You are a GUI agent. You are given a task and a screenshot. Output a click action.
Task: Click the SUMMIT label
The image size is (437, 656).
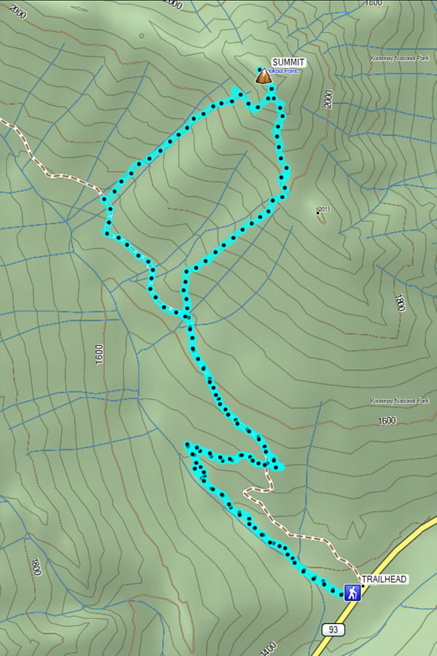(288, 63)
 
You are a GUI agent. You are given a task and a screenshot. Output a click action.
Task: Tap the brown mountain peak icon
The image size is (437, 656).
(262, 76)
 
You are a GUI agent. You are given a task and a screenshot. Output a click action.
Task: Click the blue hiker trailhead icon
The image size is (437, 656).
(353, 592)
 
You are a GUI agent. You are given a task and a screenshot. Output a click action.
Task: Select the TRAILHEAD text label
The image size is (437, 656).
(385, 580)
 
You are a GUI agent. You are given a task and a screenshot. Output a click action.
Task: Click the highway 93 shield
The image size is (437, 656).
(332, 629)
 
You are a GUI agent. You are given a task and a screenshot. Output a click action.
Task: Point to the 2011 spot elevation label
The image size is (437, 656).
(325, 210)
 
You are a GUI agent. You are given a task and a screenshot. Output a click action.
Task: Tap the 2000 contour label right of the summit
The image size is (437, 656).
(328, 99)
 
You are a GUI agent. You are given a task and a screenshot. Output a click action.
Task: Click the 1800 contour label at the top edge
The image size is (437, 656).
(374, 3)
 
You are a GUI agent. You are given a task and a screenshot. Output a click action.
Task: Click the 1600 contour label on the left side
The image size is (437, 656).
(99, 354)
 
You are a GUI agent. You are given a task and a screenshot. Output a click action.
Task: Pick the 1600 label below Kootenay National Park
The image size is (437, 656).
(387, 421)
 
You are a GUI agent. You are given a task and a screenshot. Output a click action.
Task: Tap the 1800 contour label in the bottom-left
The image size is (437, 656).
(35, 566)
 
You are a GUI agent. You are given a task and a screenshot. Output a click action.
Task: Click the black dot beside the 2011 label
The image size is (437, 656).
(318, 213)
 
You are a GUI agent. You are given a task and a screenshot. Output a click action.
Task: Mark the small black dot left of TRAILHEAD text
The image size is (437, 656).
(363, 585)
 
